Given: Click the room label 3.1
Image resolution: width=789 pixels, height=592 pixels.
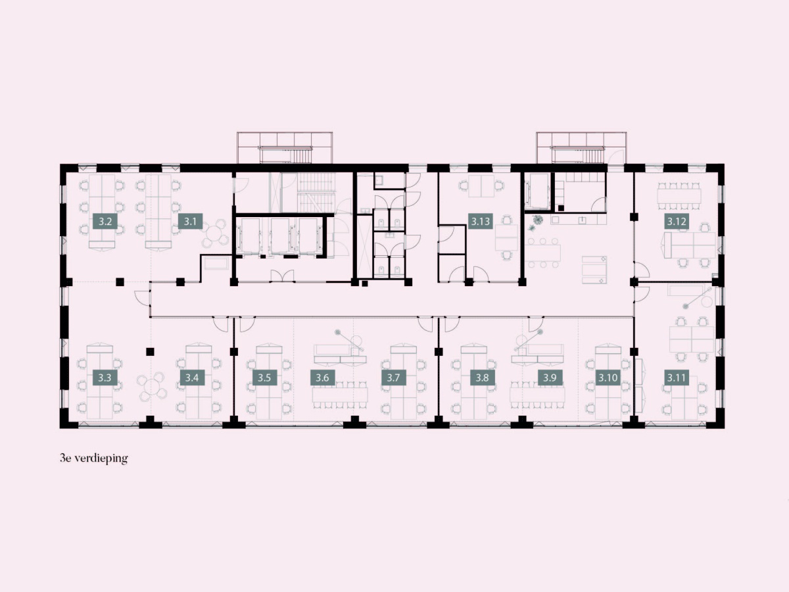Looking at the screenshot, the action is [190, 221].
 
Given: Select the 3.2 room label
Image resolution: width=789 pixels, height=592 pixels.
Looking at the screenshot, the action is [105, 221].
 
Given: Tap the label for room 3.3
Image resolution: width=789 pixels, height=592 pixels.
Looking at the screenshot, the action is [105, 378].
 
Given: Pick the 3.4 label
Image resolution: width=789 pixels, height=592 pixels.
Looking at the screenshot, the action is [192, 378].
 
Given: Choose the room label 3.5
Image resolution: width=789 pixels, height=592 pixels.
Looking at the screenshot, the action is [264, 378].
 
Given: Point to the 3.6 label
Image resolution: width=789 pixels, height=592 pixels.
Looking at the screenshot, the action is [322, 378].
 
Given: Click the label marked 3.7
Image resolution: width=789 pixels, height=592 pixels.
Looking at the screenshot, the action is [394, 378].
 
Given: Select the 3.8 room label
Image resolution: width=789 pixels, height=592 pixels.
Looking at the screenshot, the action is [483, 378].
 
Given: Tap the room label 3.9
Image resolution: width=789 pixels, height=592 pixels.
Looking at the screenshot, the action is [550, 378].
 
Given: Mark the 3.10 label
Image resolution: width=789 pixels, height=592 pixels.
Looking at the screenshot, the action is [608, 378].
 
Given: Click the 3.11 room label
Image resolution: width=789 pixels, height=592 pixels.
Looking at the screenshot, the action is [677, 378].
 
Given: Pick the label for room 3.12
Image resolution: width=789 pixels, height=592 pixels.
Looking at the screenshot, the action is [677, 221].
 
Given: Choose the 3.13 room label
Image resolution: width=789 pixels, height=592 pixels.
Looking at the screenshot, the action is [481, 221].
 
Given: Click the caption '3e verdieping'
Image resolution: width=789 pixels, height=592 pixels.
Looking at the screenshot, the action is [94, 459].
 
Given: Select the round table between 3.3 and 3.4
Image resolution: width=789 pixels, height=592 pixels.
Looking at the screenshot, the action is [152, 387].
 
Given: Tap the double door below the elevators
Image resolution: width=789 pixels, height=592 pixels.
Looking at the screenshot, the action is [282, 276].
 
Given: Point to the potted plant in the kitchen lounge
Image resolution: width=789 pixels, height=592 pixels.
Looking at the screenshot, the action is [538, 220].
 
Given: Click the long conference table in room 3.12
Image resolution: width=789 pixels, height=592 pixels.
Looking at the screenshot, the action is [679, 196].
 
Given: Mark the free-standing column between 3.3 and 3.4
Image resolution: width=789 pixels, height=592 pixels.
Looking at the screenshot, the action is [150, 351].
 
